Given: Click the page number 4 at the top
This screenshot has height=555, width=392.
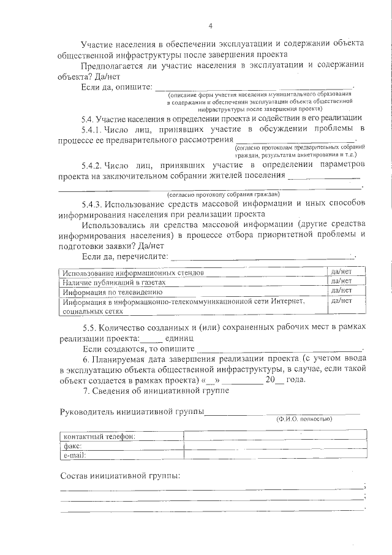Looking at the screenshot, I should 210,25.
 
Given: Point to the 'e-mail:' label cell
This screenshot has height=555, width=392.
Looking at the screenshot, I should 74,456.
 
